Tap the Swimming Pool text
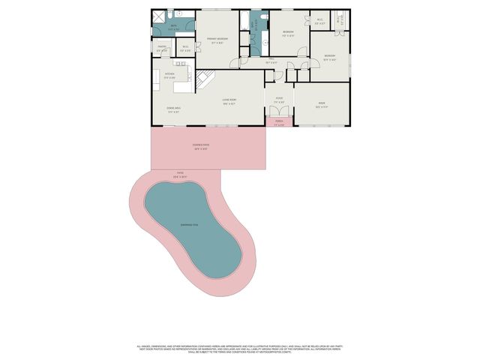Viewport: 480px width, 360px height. click(x=189, y=224)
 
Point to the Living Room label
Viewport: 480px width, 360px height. click(x=229, y=100)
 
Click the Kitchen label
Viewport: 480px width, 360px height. click(x=169, y=74)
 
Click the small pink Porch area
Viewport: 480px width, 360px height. click(x=279, y=122)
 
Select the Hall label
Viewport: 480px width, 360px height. click(x=271, y=62)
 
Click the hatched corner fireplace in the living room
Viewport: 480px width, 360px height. click(x=205, y=78)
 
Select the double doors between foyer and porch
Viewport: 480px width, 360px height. click(x=278, y=112)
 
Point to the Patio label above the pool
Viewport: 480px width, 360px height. click(x=180, y=174)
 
